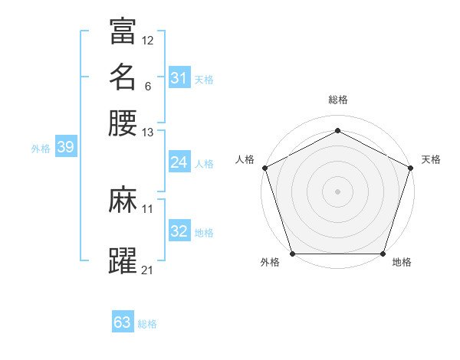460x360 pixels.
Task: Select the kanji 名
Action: (x=123, y=77)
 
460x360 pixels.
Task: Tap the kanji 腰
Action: (x=123, y=123)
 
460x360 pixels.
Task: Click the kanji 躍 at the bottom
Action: (x=123, y=261)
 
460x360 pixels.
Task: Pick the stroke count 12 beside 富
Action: (x=148, y=40)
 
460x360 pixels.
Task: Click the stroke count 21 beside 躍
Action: (x=148, y=270)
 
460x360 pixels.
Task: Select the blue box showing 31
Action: (x=179, y=78)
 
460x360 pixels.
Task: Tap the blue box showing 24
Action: (x=179, y=162)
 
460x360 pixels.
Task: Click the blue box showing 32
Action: (x=179, y=231)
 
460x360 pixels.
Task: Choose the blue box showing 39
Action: (x=65, y=148)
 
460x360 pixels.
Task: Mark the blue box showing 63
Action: (x=123, y=322)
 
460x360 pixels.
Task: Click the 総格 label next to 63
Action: (x=147, y=324)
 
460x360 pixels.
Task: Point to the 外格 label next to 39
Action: (x=41, y=149)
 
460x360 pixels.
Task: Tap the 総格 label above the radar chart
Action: (x=337, y=100)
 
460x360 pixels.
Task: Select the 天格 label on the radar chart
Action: (x=431, y=159)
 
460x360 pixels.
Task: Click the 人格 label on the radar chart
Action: (x=245, y=159)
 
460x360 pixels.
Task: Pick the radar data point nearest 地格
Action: (x=383, y=254)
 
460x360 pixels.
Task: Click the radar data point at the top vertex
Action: (x=337, y=130)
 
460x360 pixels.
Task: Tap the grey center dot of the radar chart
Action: (x=337, y=191)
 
